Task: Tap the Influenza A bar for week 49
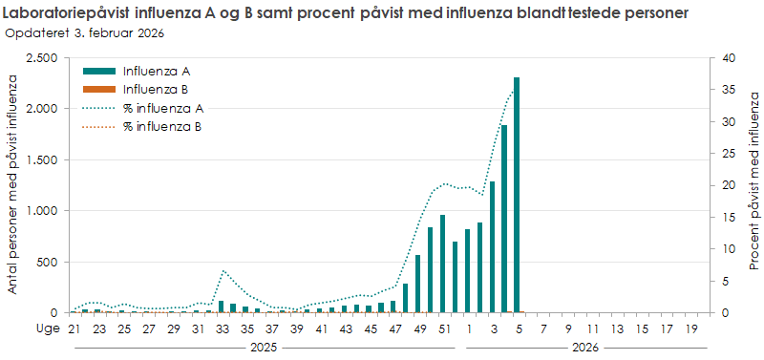[x=417, y=284]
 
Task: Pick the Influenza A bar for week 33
[x=222, y=307]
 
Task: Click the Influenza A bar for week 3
[x=492, y=247]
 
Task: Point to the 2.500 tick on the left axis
[x=42, y=58]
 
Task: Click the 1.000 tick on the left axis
[x=42, y=211]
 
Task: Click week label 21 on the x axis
[x=73, y=328]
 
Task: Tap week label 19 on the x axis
[x=690, y=328]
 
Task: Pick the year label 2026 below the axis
[x=585, y=349]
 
